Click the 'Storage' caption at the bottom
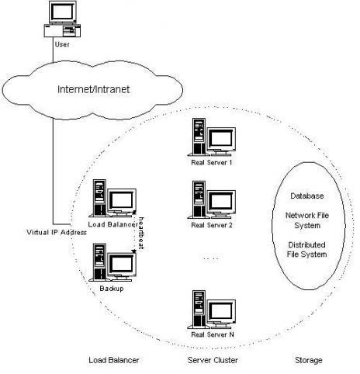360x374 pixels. (308, 360)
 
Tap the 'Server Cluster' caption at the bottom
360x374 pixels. (213, 360)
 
